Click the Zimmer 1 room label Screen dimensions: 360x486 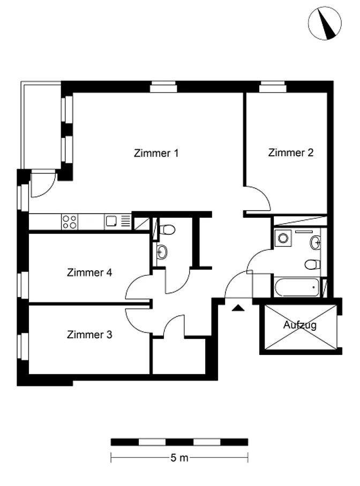coord(156,153)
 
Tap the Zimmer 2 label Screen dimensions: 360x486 coord(291,153)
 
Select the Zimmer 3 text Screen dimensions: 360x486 coord(89,335)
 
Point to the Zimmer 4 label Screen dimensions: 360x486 coord(89,272)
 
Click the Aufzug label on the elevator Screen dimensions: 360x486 coord(300,325)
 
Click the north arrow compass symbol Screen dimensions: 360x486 coord(325,23)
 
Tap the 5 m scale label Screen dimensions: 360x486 coord(179,458)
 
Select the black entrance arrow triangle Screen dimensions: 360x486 coord(238,308)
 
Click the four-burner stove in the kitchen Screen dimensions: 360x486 coord(70,222)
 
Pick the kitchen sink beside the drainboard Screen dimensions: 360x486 coord(111,221)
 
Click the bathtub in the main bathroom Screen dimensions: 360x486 coord(297,287)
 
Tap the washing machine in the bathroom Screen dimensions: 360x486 coord(283,238)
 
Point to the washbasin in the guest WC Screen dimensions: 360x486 coord(162,252)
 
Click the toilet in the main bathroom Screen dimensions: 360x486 coord(312,265)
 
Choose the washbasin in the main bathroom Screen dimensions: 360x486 coord(315,242)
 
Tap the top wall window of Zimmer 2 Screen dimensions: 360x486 coord(273,87)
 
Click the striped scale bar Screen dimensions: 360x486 coord(179,442)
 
